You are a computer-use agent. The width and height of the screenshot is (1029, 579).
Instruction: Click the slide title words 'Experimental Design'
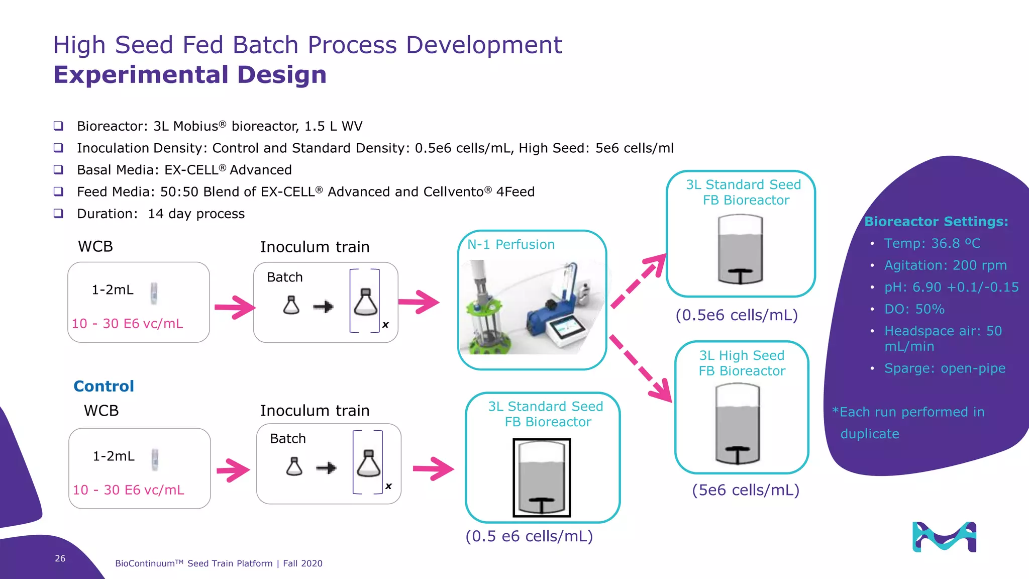click(190, 75)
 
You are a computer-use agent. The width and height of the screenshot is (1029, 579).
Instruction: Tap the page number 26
click(60, 558)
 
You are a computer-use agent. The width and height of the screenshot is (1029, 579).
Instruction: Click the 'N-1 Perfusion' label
click(511, 245)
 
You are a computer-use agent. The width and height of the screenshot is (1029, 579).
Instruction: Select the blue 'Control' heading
click(104, 386)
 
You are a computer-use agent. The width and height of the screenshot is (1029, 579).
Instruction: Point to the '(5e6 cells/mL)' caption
click(746, 490)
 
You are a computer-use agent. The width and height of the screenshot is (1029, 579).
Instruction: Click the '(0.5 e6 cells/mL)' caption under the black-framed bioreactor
click(529, 536)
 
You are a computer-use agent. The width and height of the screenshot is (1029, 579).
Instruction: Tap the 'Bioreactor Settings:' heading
click(936, 222)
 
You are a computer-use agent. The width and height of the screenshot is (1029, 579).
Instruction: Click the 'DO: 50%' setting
click(914, 309)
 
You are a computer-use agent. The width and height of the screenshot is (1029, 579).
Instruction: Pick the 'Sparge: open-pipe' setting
click(945, 368)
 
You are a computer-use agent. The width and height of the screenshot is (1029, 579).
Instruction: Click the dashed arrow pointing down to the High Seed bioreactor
click(641, 368)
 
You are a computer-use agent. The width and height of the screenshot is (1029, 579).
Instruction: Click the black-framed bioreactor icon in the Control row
click(542, 477)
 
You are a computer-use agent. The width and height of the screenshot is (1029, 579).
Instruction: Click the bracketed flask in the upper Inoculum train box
click(365, 302)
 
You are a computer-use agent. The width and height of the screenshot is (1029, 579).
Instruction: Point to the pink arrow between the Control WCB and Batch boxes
click(233, 470)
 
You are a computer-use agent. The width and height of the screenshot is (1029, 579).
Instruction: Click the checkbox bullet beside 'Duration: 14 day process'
click(59, 214)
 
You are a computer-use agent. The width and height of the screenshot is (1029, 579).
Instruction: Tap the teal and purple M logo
click(944, 537)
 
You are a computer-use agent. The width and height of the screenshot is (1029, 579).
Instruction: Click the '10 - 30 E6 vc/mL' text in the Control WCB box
click(129, 490)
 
